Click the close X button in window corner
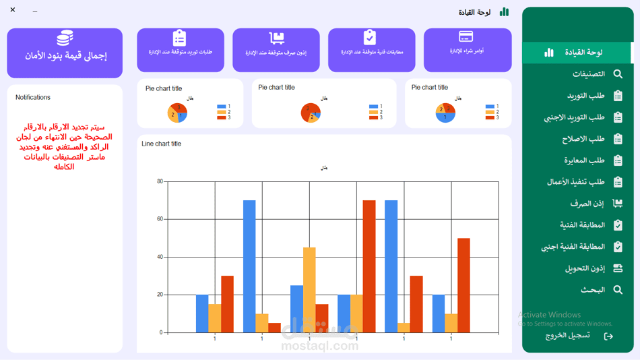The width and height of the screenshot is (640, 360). point(13,10)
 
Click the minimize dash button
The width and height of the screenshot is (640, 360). point(35,11)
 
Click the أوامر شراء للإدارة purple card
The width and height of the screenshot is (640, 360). point(467,49)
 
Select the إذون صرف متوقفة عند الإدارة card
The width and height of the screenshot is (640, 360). point(276,49)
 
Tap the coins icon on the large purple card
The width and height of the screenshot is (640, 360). point(65,38)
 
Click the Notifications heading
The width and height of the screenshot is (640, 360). point(33,98)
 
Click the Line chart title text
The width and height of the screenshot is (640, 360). point(161,144)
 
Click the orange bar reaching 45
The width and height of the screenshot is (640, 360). point(309,290)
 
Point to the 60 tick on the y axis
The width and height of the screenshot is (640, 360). point(160,219)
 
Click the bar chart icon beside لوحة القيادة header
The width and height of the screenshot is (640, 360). point(504,12)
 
